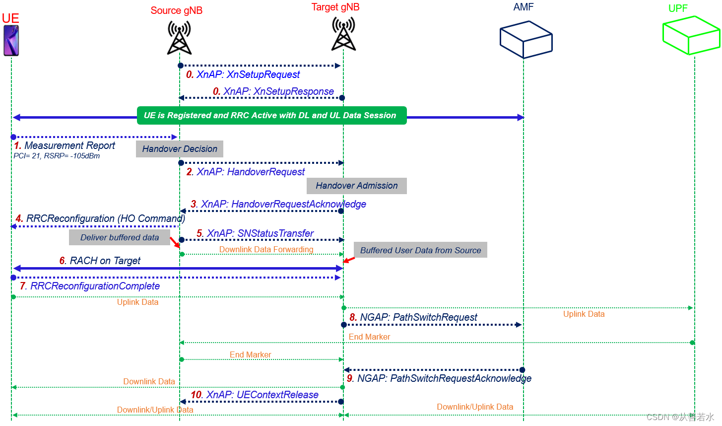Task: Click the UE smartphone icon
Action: [11, 41]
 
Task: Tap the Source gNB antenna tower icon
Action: [179, 38]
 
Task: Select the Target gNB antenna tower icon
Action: [343, 34]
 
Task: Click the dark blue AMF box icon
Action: [525, 40]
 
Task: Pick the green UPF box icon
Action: [691, 35]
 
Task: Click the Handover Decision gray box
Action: [180, 149]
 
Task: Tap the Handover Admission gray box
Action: [356, 186]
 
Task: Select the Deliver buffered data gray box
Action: [120, 237]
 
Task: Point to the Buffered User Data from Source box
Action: [420, 250]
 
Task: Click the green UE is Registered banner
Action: [271, 115]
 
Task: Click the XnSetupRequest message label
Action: [243, 74]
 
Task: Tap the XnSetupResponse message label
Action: [273, 91]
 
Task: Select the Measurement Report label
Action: [65, 145]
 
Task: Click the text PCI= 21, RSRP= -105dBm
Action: [57, 156]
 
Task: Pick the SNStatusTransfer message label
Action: [255, 233]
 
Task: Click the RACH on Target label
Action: [100, 261]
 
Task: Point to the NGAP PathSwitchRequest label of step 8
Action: [413, 317]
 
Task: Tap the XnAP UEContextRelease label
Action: [255, 395]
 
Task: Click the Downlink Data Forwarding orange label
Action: [266, 249]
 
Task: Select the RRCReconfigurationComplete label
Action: [90, 286]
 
